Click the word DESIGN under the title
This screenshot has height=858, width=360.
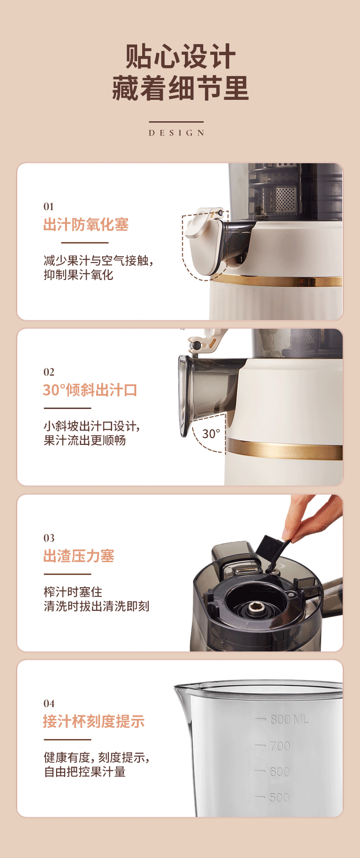pyautogui.click(x=176, y=133)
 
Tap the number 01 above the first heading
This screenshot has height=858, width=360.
pyautogui.click(x=49, y=207)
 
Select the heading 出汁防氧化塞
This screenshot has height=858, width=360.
pyautogui.click(x=86, y=225)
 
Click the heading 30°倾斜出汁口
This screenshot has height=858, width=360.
pyautogui.click(x=90, y=390)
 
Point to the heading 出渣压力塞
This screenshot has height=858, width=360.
pyautogui.click(x=78, y=556)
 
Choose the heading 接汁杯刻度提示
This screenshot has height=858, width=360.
pyautogui.click(x=93, y=722)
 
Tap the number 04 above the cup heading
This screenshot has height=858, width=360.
pyautogui.click(x=49, y=703)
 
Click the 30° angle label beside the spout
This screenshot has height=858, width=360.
pyautogui.click(x=211, y=434)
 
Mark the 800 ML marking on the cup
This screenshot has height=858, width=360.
pyautogui.click(x=289, y=719)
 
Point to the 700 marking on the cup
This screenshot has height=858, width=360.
pyautogui.click(x=280, y=746)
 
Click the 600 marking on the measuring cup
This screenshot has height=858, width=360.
pyautogui.click(x=279, y=771)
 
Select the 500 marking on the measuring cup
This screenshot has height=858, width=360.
pyautogui.click(x=279, y=797)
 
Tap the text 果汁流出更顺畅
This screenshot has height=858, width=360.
pyautogui.click(x=85, y=440)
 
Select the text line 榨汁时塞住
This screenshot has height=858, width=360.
pyautogui.click(x=73, y=592)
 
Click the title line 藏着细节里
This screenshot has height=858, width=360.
pyautogui.click(x=180, y=88)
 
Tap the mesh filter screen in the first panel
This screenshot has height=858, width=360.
pyautogui.click(x=286, y=199)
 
